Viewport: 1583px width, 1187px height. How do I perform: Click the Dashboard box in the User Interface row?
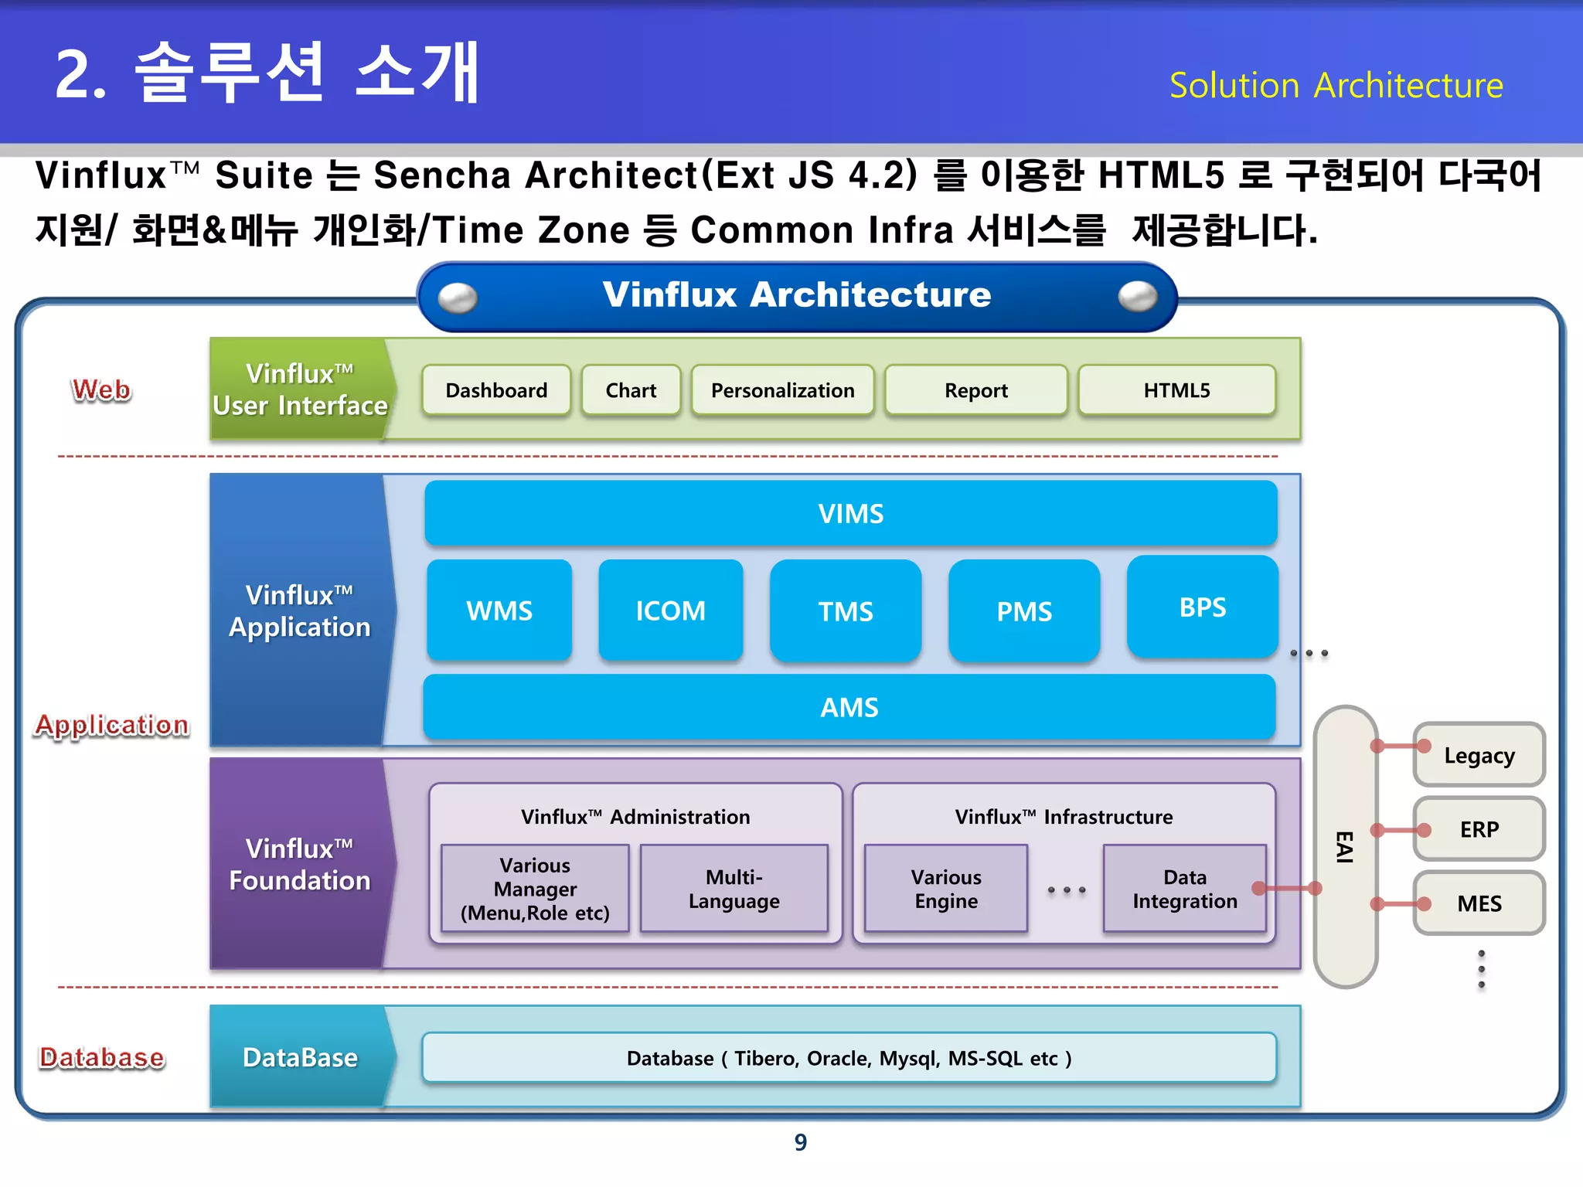tap(496, 390)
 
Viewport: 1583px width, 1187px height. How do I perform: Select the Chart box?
tap(631, 390)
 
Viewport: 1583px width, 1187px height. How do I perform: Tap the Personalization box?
tap(782, 390)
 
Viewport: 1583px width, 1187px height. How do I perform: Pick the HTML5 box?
tap(1176, 390)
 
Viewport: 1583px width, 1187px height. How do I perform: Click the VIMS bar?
tap(850, 514)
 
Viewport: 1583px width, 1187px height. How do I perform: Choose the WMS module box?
tap(499, 611)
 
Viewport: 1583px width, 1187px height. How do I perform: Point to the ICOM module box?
tap(670, 611)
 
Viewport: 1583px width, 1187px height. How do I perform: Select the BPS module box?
tap(1202, 607)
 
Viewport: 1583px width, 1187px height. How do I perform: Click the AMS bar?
tap(849, 707)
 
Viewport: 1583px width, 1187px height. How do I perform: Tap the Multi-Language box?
tap(734, 889)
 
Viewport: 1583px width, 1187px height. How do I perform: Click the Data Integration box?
tap(1184, 889)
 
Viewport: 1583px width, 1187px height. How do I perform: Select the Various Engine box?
tap(945, 889)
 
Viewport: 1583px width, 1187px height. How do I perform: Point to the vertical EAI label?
tap(1344, 847)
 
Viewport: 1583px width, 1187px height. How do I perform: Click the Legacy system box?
tap(1479, 755)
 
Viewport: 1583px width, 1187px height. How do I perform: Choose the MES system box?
tap(1479, 903)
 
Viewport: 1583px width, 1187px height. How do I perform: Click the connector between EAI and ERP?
tap(1400, 830)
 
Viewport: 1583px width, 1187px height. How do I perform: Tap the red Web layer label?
tap(101, 389)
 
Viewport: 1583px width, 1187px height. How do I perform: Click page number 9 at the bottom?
tap(800, 1142)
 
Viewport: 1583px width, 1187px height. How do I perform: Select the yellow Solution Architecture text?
tap(1336, 85)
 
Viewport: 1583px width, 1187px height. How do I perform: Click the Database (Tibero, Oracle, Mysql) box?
tap(849, 1058)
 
